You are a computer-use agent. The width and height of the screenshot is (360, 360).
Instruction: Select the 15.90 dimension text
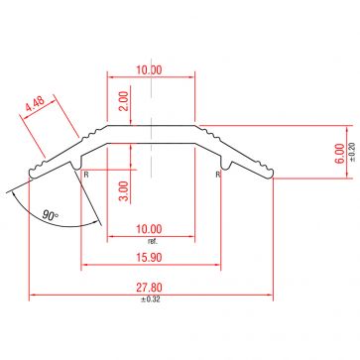coord(152,258)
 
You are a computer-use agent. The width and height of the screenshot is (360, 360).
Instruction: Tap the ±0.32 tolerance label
coord(152,299)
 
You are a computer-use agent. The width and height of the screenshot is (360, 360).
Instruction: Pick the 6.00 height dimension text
coord(341,152)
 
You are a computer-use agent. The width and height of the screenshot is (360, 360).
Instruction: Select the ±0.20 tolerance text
coord(353,152)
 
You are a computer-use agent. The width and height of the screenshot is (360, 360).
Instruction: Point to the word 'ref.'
coord(152,241)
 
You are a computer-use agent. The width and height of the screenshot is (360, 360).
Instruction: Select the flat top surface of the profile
coord(152,126)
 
